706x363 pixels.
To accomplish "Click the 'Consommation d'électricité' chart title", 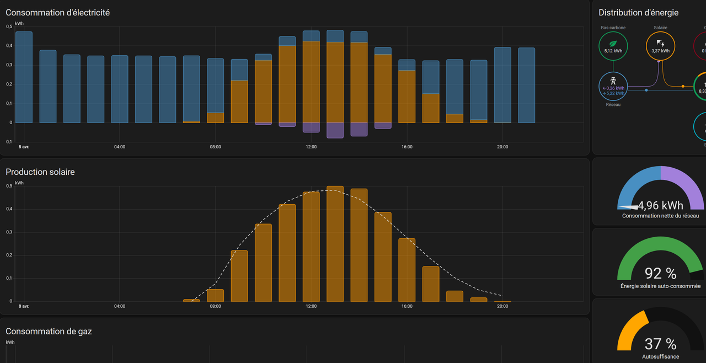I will point(57,13).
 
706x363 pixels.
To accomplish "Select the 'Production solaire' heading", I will point(40,172).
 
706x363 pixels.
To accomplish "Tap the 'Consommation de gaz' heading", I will point(49,332).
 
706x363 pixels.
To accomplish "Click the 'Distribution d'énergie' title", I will point(638,13).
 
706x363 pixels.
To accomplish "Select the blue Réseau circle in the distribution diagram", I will point(613,87).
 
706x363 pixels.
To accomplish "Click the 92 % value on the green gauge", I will point(660,273).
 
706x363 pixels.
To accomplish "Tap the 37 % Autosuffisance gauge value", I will point(660,344).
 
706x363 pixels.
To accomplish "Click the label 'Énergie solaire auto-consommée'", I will point(660,286).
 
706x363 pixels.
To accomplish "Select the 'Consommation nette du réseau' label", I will point(660,216).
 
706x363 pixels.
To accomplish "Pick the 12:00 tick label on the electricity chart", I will point(311,147).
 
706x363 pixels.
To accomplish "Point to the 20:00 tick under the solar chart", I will point(502,306).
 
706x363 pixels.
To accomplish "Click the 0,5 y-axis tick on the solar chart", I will point(9,186).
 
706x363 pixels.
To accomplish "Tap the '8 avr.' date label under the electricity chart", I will point(24,147).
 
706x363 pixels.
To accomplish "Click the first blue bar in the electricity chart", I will point(24,77).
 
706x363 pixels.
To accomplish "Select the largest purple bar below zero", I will point(335,130).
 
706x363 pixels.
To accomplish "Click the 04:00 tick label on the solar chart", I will point(120,306).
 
